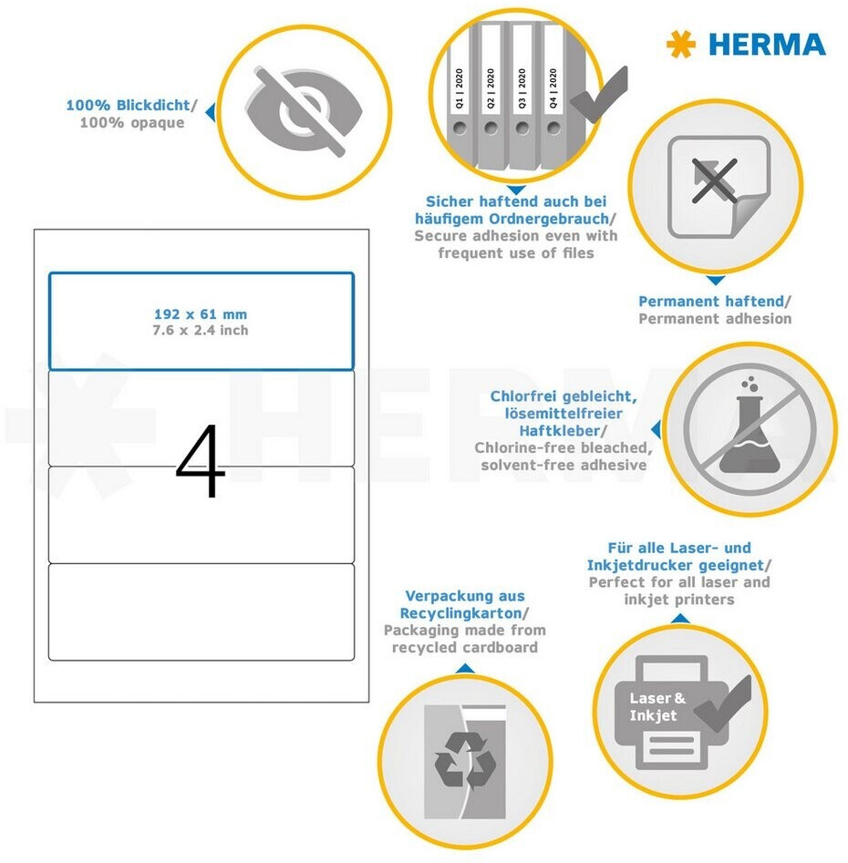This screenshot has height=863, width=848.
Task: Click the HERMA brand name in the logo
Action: click(767, 45)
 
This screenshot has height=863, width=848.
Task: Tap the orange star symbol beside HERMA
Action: click(680, 44)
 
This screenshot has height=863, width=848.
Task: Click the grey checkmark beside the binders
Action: click(600, 94)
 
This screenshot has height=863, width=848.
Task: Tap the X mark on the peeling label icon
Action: click(714, 180)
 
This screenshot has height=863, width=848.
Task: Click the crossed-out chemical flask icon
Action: click(750, 427)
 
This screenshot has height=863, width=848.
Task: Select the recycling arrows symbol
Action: click(465, 762)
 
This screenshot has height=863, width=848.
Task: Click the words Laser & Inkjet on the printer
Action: click(657, 706)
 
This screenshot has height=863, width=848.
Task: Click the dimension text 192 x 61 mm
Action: click(201, 314)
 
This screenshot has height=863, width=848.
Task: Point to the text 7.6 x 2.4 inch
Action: click(201, 330)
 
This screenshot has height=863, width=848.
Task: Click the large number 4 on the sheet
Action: click(201, 461)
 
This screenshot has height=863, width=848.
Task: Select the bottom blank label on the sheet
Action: click(201, 611)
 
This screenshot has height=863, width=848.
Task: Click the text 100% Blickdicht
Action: click(128, 105)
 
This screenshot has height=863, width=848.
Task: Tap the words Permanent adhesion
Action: click(715, 319)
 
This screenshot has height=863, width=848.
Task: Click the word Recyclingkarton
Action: click(460, 613)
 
